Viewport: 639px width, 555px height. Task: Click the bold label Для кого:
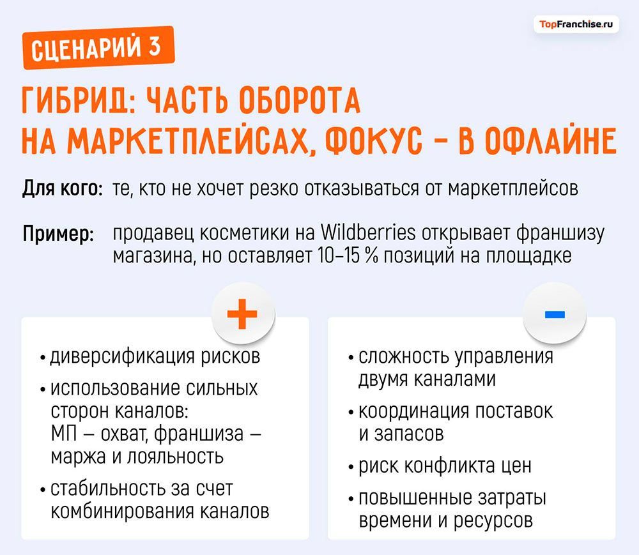(x=62, y=189)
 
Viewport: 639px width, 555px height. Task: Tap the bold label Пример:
(x=58, y=234)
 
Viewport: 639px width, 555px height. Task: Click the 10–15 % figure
(x=344, y=255)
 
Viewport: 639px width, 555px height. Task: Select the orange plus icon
(x=242, y=314)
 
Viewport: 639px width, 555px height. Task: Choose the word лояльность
(x=178, y=457)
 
